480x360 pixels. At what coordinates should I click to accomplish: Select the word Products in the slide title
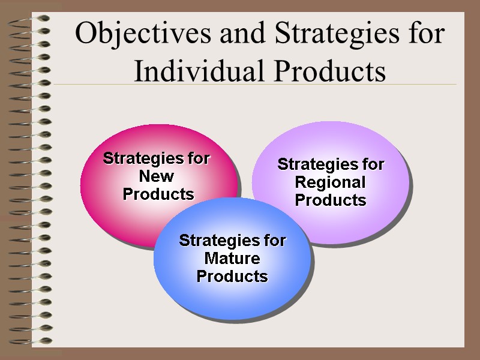[338, 71]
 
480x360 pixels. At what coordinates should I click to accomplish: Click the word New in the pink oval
[157, 176]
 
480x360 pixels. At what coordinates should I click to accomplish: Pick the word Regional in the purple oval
[331, 182]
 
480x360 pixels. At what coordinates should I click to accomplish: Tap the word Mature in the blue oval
[232, 259]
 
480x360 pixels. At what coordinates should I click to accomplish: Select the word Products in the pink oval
[158, 194]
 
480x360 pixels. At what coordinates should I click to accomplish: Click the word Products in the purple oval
[331, 200]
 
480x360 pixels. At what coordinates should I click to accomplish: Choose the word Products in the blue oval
[232, 277]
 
